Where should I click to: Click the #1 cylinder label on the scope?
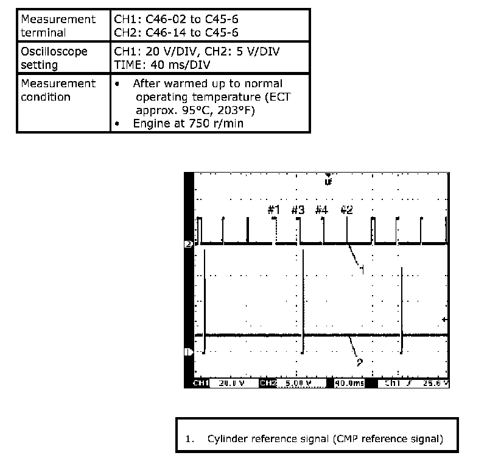click(x=274, y=210)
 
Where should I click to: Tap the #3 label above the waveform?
click(x=298, y=210)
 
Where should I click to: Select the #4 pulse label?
click(x=321, y=210)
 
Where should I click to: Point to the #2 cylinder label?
click(x=346, y=210)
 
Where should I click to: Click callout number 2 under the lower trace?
click(x=359, y=362)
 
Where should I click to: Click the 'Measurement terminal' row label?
click(x=58, y=26)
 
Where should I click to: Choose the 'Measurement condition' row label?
click(x=58, y=90)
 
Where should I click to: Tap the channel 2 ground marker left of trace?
click(x=188, y=352)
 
